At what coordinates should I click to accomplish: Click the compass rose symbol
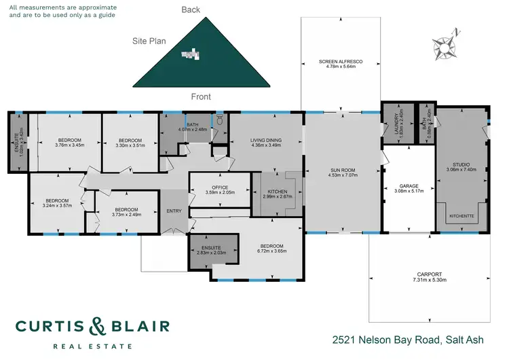click(x=447, y=45)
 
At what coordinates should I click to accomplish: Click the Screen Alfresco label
click(x=341, y=62)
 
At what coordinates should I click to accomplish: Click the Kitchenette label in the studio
click(x=463, y=216)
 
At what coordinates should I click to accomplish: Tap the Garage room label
click(x=409, y=185)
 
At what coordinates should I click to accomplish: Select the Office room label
click(x=220, y=187)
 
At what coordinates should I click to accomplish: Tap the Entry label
click(x=174, y=211)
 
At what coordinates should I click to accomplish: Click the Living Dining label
click(x=266, y=141)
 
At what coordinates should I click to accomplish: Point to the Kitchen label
click(x=277, y=192)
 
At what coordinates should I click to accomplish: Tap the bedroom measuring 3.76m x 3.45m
click(x=69, y=140)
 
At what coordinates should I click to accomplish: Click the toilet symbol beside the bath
click(x=219, y=122)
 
